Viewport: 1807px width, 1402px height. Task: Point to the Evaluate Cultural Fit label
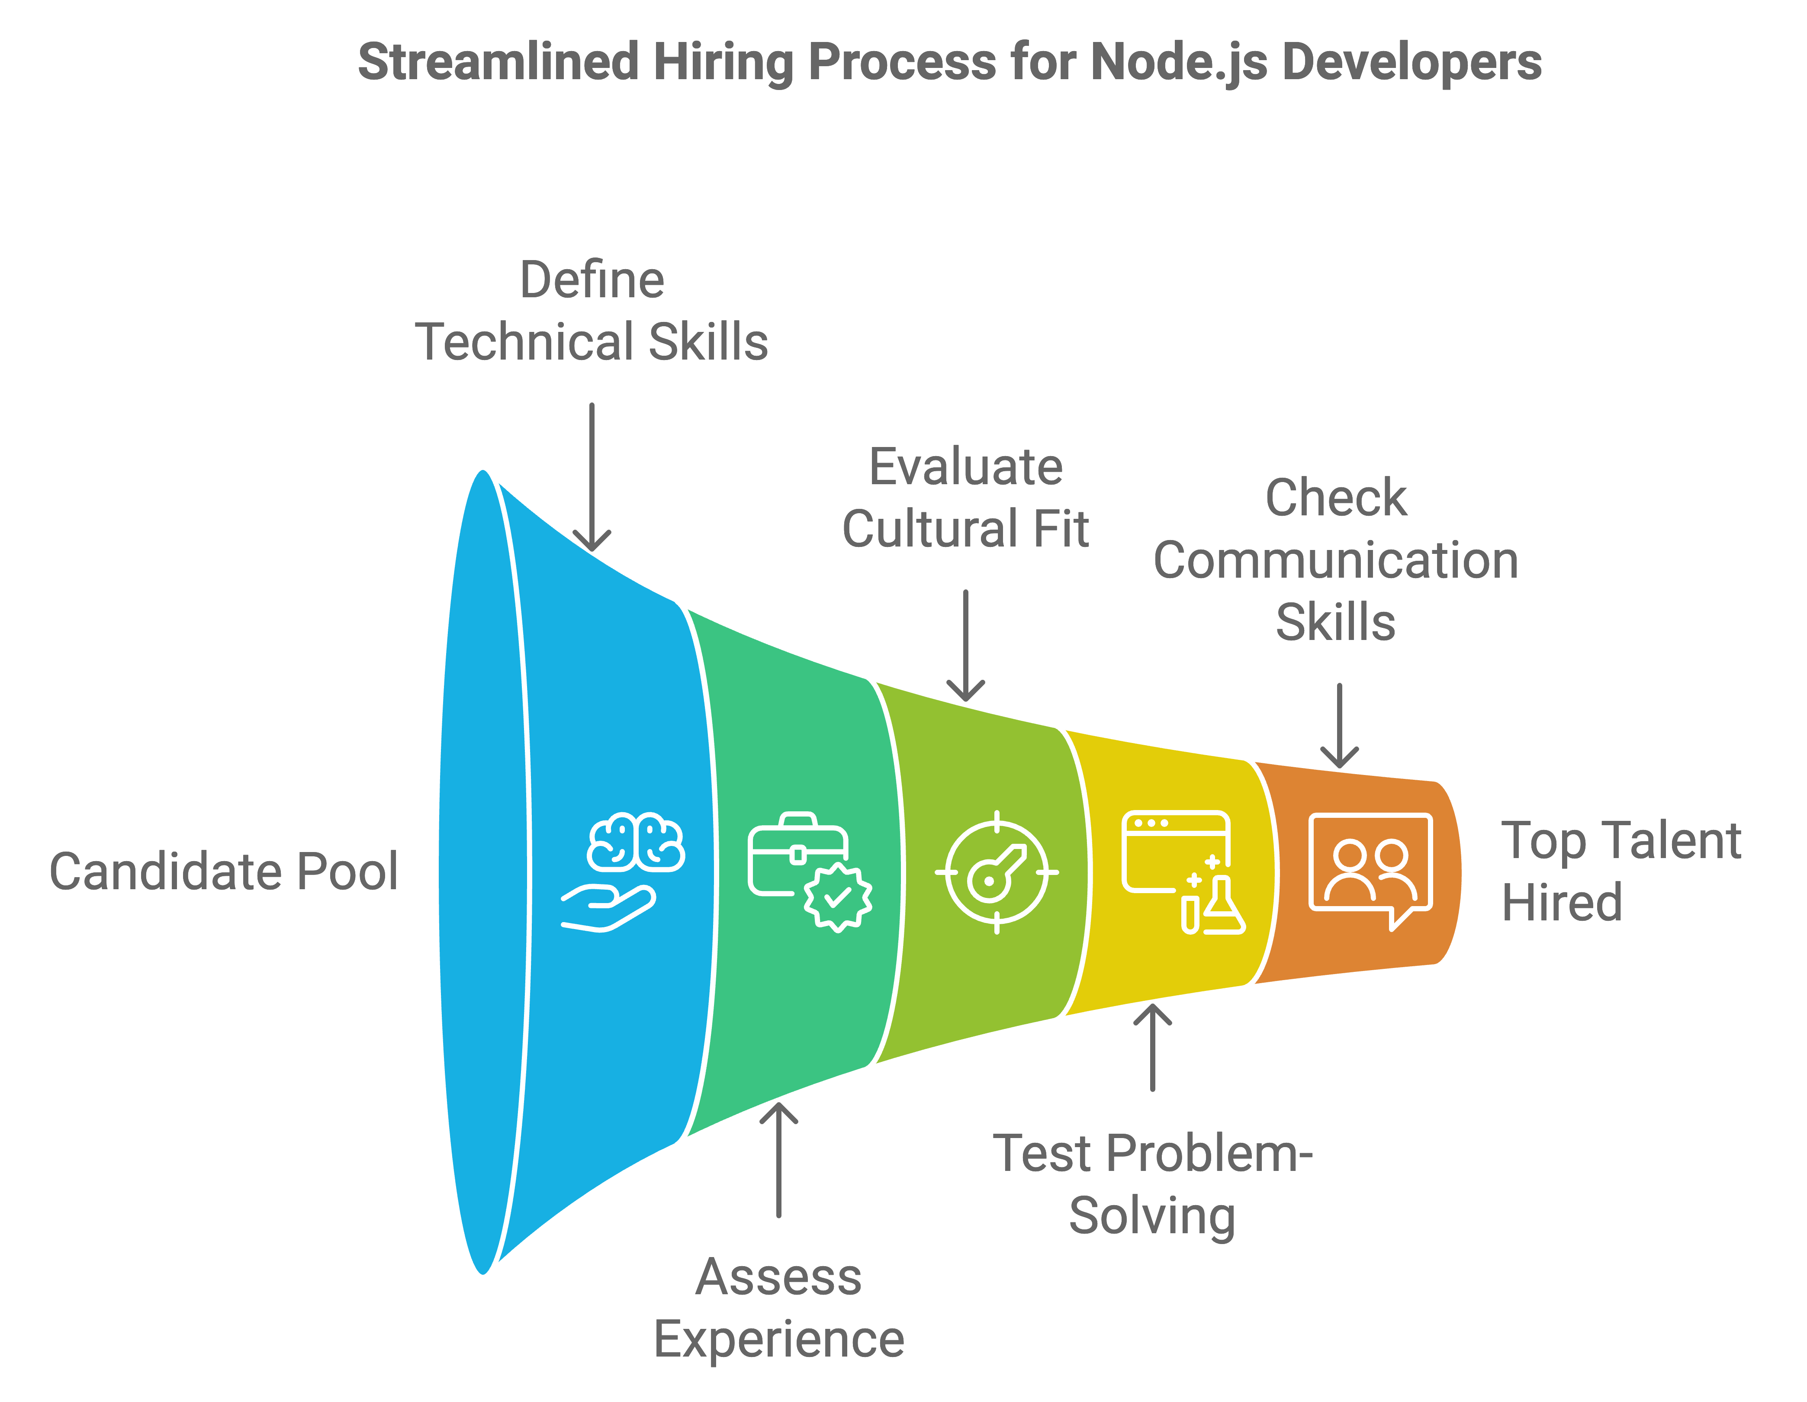965,497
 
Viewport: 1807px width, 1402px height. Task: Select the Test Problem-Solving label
1153,1184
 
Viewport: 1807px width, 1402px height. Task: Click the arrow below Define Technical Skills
592,477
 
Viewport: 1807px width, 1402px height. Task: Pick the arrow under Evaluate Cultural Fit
965,646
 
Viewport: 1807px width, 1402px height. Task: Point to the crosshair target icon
997,872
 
